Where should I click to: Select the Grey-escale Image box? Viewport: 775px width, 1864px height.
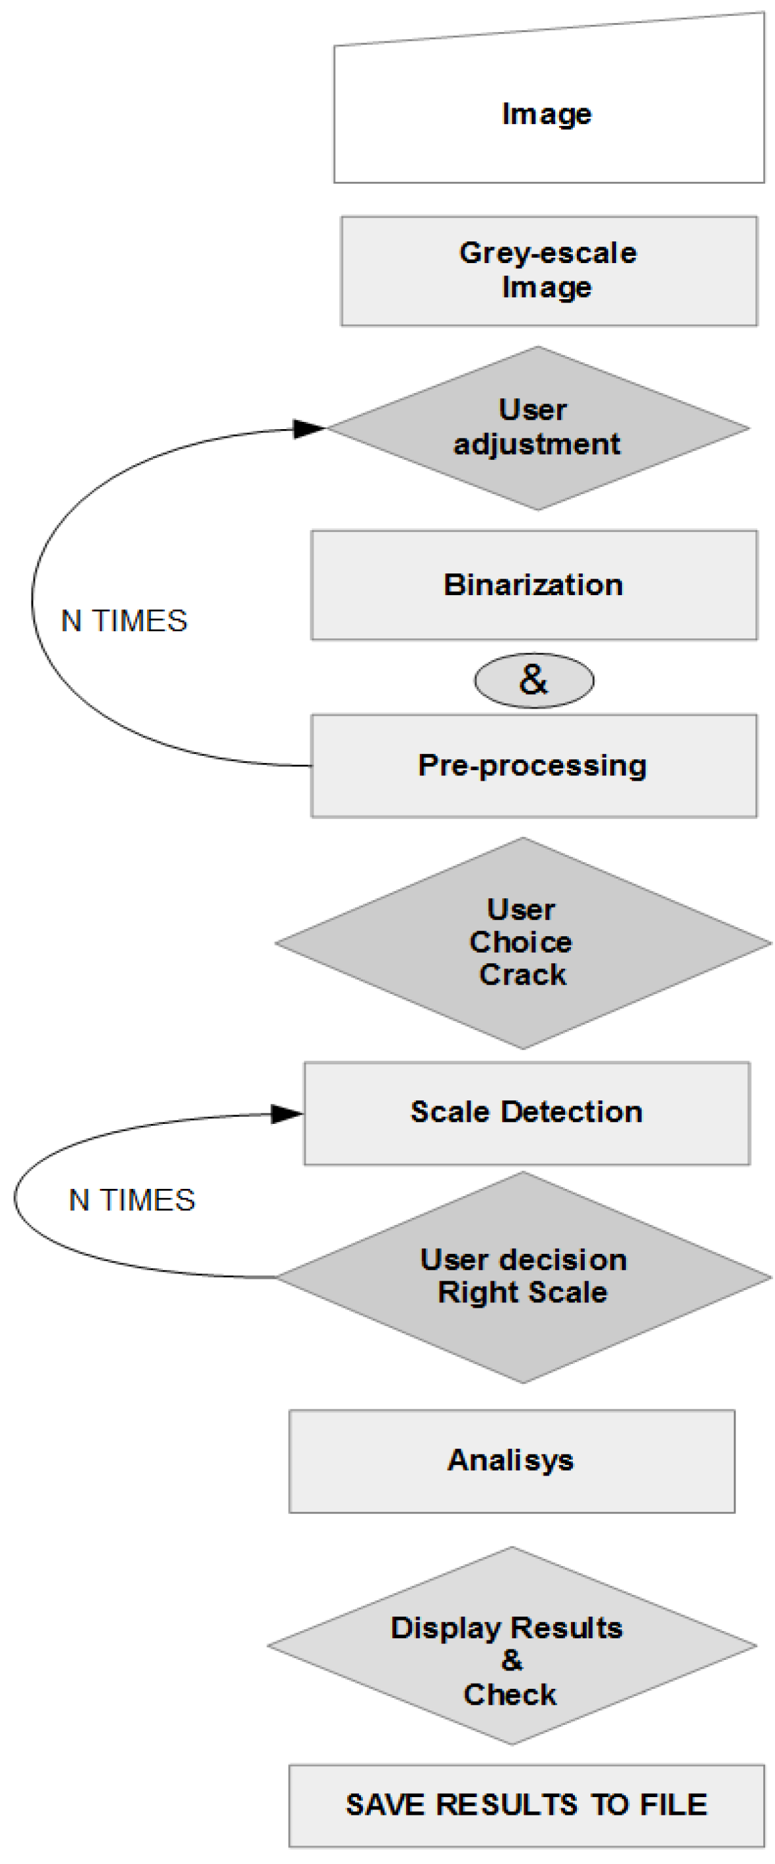(x=548, y=270)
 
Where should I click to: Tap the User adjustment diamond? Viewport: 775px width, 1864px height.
(x=537, y=428)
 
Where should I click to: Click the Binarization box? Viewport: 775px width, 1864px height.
(x=534, y=585)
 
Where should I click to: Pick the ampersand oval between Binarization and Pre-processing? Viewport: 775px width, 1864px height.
(x=534, y=680)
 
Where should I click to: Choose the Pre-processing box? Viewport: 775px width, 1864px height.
(x=534, y=766)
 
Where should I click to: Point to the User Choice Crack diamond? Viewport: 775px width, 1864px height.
(x=522, y=942)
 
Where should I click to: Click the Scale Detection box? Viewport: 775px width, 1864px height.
(x=526, y=1112)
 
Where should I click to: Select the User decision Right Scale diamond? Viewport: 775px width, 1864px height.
(x=522, y=1277)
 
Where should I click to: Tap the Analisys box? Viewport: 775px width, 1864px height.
(x=511, y=1460)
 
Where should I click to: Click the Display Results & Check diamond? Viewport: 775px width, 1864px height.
(x=511, y=1646)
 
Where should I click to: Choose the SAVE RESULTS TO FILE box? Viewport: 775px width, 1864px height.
(x=526, y=1805)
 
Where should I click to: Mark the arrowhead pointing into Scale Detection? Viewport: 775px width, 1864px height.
(x=287, y=1113)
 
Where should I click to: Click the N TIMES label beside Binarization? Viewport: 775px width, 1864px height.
(x=125, y=621)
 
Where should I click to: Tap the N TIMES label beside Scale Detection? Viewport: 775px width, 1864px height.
(x=132, y=1200)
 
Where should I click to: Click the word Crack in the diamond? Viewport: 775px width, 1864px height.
(x=522, y=975)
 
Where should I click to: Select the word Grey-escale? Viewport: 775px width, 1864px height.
(x=548, y=253)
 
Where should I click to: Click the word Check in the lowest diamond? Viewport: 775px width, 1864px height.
(x=510, y=1695)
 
